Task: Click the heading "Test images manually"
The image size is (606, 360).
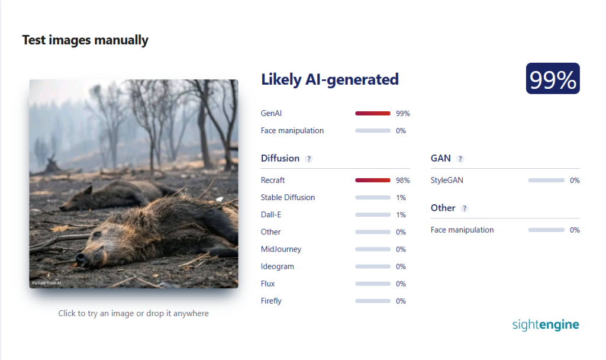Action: [x=85, y=40]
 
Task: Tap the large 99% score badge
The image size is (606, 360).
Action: [x=553, y=79]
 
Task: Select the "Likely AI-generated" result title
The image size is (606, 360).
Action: [x=330, y=80]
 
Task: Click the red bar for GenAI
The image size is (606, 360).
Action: [x=373, y=113]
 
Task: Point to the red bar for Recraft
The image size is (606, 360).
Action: [x=373, y=180]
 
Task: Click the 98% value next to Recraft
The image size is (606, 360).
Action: [x=402, y=181]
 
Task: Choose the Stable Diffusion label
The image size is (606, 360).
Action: [x=288, y=198]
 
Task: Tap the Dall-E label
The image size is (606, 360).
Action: [x=271, y=214]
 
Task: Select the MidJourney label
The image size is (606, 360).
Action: [x=281, y=249]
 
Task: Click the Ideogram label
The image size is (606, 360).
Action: [x=278, y=266]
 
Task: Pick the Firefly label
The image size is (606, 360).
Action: [x=271, y=301]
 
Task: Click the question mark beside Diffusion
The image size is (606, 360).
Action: [x=308, y=159]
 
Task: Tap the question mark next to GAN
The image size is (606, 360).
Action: [x=460, y=159]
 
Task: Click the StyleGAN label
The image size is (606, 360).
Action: [x=447, y=180]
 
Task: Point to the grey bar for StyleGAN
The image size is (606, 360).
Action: [x=546, y=180]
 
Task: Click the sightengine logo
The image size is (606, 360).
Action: [x=546, y=325]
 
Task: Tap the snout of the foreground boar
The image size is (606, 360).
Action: [x=80, y=259]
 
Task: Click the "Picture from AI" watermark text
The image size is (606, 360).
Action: [x=46, y=283]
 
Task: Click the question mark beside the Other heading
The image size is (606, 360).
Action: [x=465, y=208]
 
